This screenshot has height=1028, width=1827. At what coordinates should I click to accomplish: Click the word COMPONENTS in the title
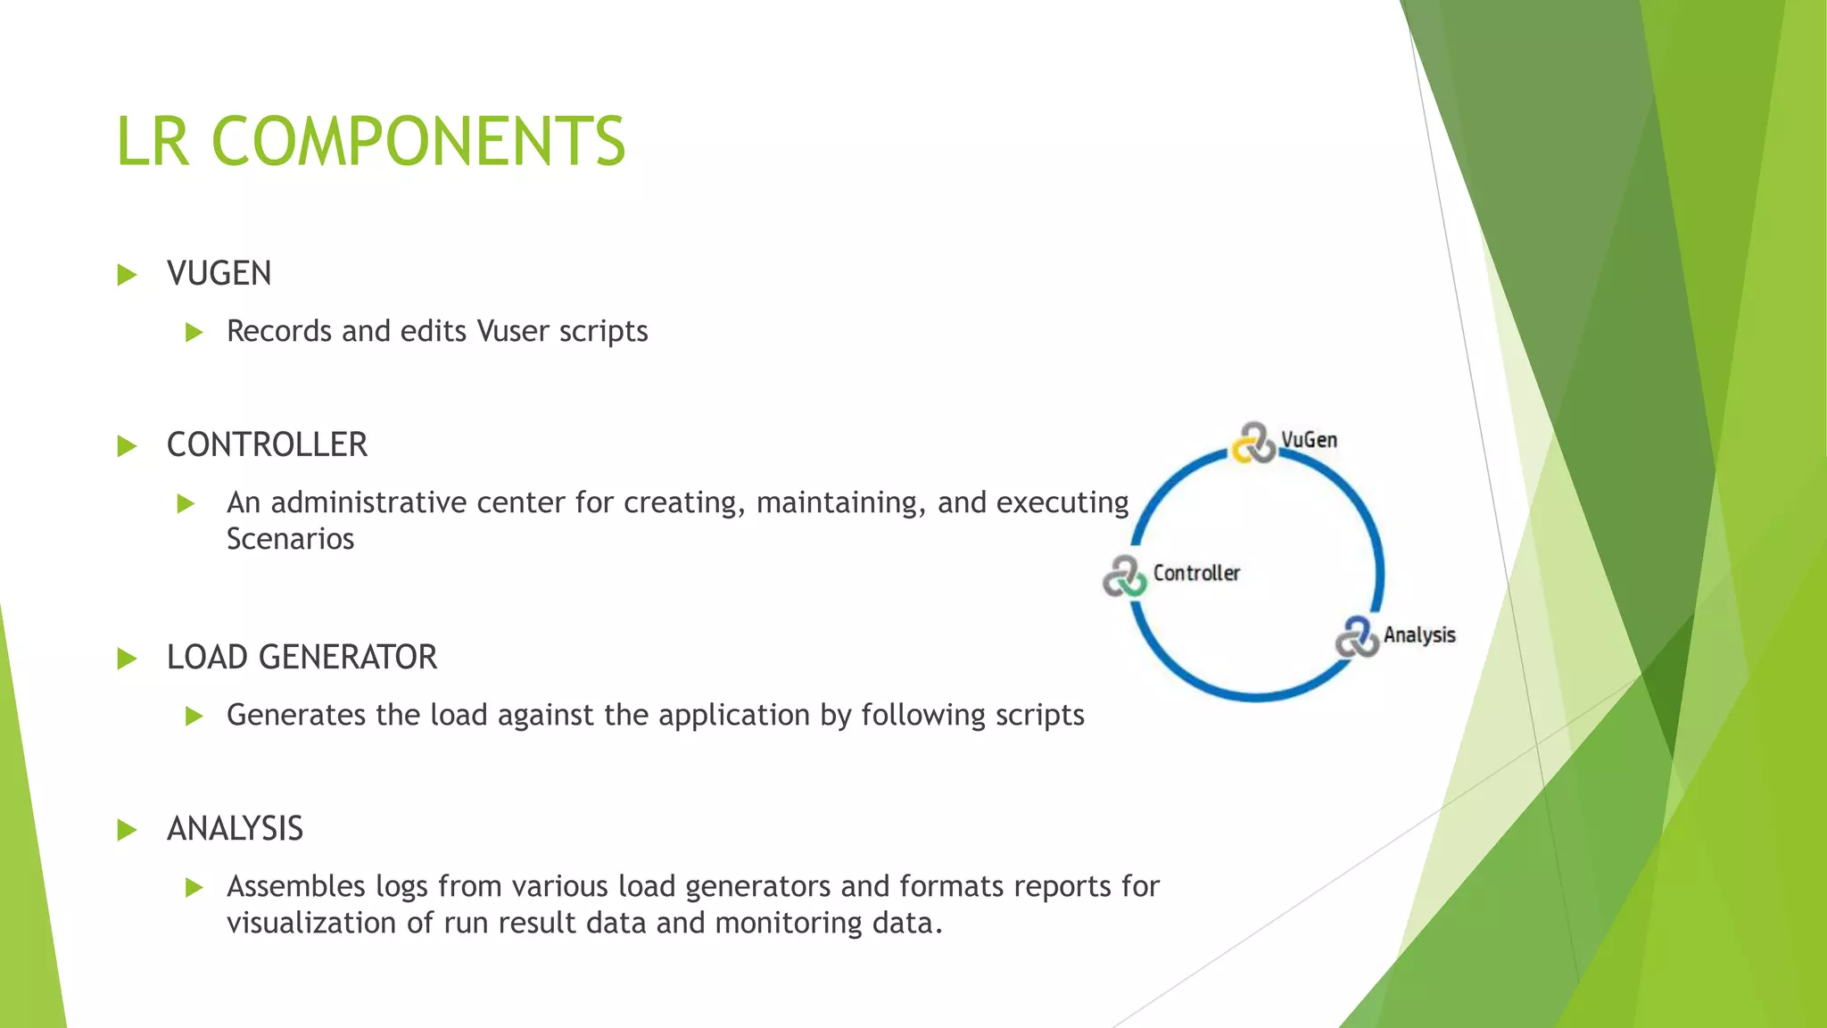coord(418,141)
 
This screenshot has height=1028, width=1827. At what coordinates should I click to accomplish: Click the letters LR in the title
coord(153,141)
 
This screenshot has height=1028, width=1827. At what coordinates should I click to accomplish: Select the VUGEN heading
coord(219,273)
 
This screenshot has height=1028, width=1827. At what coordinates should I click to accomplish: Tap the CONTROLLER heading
coord(267,444)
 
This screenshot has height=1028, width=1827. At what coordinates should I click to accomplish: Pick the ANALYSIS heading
coord(235,828)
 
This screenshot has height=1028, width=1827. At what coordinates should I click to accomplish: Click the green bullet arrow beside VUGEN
coord(127,274)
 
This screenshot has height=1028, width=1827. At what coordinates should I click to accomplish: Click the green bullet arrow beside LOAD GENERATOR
coord(127,659)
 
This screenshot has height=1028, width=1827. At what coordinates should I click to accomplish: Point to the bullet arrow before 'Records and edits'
coord(194,333)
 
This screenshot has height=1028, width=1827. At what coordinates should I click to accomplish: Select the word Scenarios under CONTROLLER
coord(290,539)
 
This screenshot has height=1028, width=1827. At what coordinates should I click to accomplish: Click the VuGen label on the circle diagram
coord(1309,440)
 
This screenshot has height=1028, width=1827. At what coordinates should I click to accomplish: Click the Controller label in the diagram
coord(1196,573)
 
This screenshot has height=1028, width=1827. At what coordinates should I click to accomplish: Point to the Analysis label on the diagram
coord(1419,635)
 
